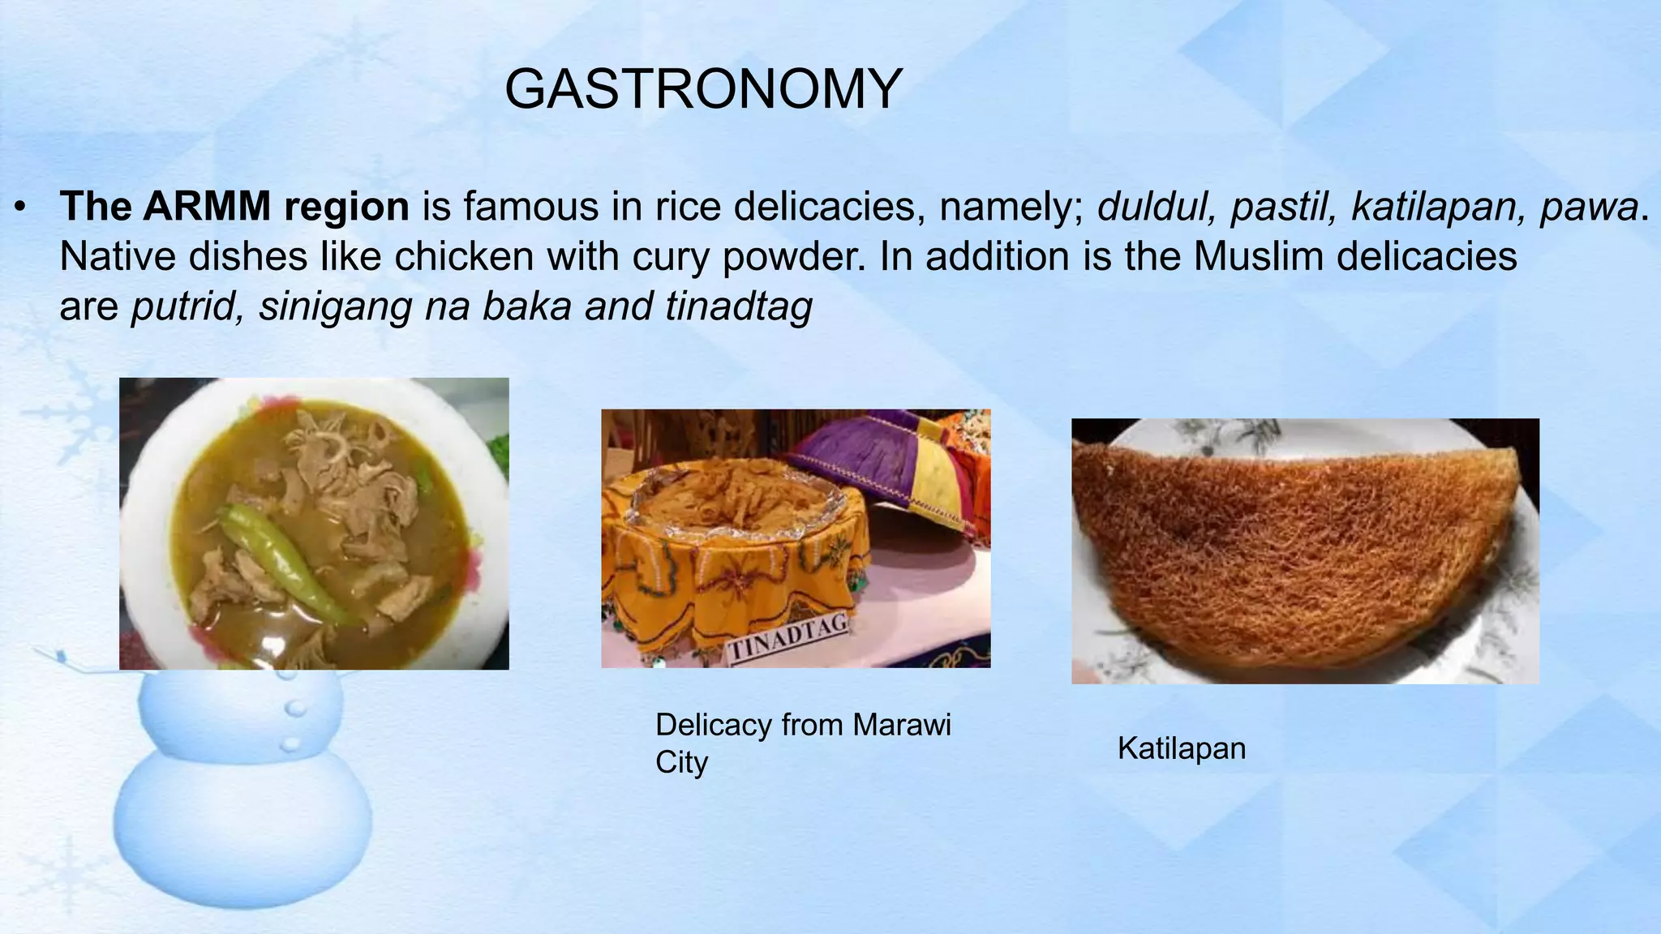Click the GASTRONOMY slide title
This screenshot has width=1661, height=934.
tap(703, 88)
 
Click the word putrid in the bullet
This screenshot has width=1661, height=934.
tap(182, 306)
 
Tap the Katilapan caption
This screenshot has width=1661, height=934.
tap(1181, 748)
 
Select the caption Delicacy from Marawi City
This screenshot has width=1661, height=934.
tap(802, 743)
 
